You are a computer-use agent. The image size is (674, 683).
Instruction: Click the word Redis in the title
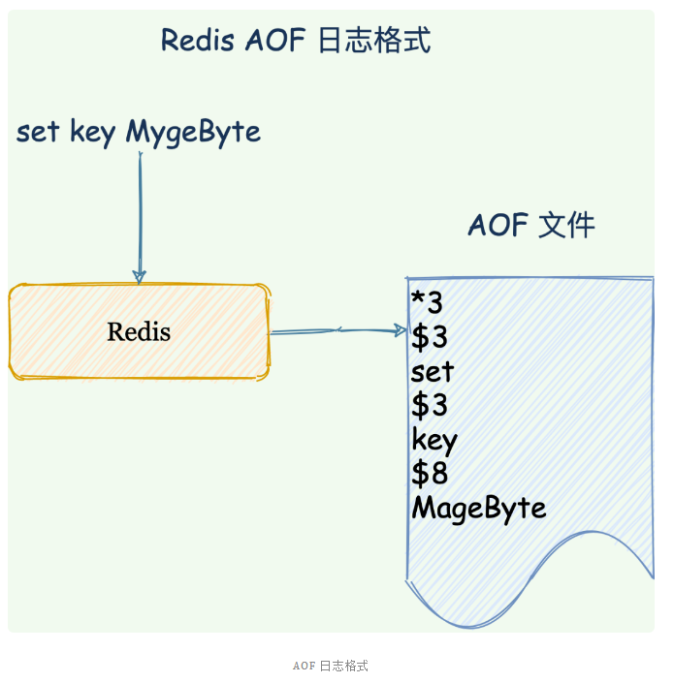(199, 41)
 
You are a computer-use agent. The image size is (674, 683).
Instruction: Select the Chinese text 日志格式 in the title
(374, 41)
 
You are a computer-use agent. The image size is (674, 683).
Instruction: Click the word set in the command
(38, 133)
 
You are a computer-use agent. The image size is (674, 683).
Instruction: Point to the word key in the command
(93, 133)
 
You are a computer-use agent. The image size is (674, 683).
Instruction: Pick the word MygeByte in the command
(193, 133)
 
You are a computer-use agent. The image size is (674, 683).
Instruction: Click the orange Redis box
(139, 332)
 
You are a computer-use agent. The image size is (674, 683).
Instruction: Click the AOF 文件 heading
(530, 227)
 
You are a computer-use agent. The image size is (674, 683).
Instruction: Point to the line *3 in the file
(427, 303)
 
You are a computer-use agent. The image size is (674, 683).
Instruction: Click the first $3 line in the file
(429, 338)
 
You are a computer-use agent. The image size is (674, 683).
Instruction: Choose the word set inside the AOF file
(432, 372)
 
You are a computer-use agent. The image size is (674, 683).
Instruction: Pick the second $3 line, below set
(429, 406)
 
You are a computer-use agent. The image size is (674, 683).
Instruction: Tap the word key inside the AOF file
(433, 441)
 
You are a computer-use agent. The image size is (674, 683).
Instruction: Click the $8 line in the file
(429, 475)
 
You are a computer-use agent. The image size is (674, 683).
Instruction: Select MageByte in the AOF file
(478, 509)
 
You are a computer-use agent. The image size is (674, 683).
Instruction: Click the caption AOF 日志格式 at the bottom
(331, 667)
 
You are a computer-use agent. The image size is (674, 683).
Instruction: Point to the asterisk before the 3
(418, 299)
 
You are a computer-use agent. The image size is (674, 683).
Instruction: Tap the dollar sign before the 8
(420, 475)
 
